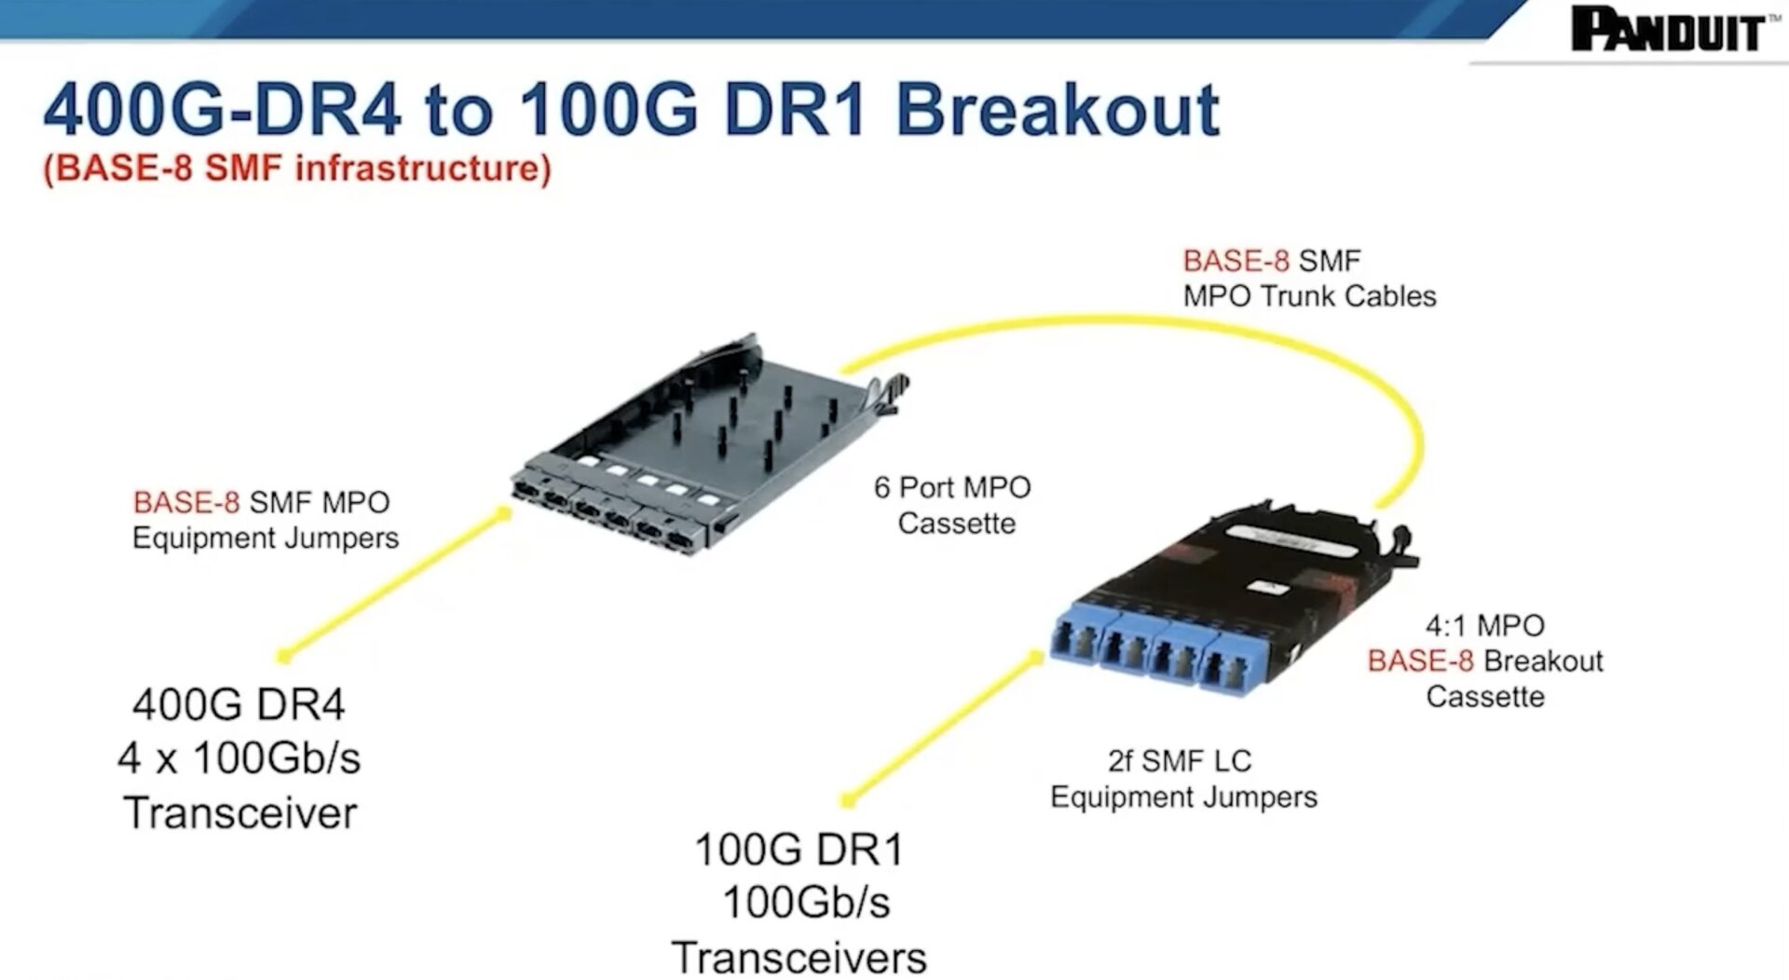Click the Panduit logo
(1667, 30)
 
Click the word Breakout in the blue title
(1057, 110)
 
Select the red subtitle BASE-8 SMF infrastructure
(297, 169)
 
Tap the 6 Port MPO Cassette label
(953, 505)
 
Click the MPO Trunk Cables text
(1309, 296)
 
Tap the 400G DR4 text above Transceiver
(239, 704)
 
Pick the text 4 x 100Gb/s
(239, 758)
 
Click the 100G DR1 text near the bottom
(799, 850)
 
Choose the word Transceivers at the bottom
(799, 958)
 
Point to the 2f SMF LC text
(1179, 761)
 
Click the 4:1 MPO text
(1484, 625)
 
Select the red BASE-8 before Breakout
(1420, 661)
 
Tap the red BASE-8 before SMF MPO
(186, 503)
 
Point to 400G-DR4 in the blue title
(222, 110)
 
